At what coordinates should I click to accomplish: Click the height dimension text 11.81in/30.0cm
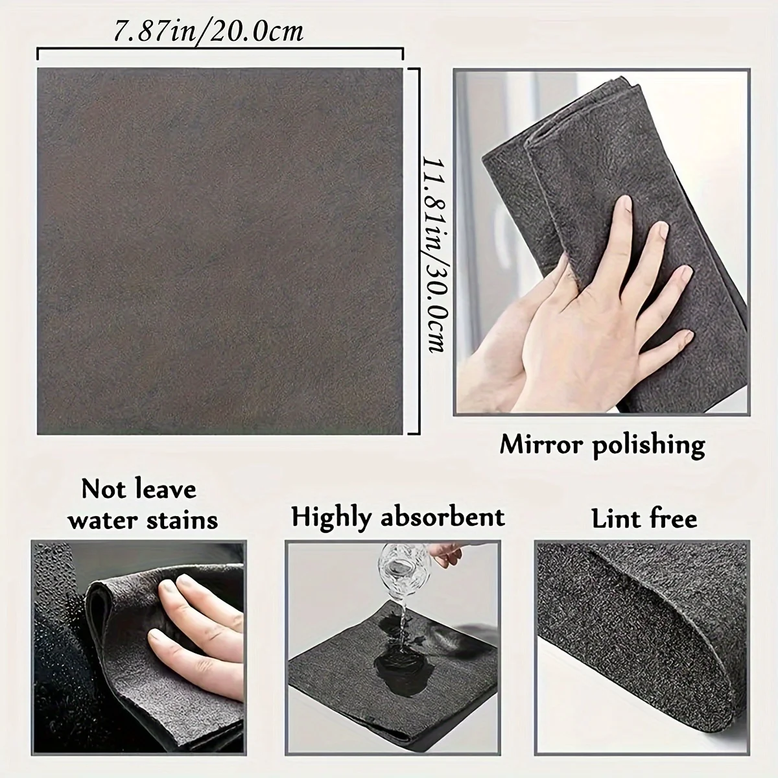(433, 253)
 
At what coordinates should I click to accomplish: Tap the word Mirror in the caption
(542, 445)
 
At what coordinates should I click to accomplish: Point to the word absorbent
(444, 517)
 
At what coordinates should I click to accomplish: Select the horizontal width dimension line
(220, 51)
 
